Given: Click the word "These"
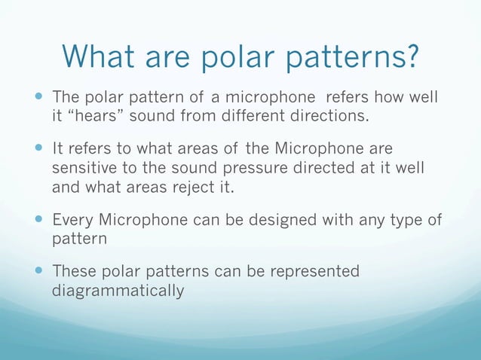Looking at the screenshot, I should pos(73,271).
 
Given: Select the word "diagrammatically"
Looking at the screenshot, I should pos(118,290).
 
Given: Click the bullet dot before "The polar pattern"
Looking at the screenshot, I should pos(38,98).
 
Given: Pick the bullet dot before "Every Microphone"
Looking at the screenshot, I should pos(38,220).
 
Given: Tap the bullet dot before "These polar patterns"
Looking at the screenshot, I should pos(38,272).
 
